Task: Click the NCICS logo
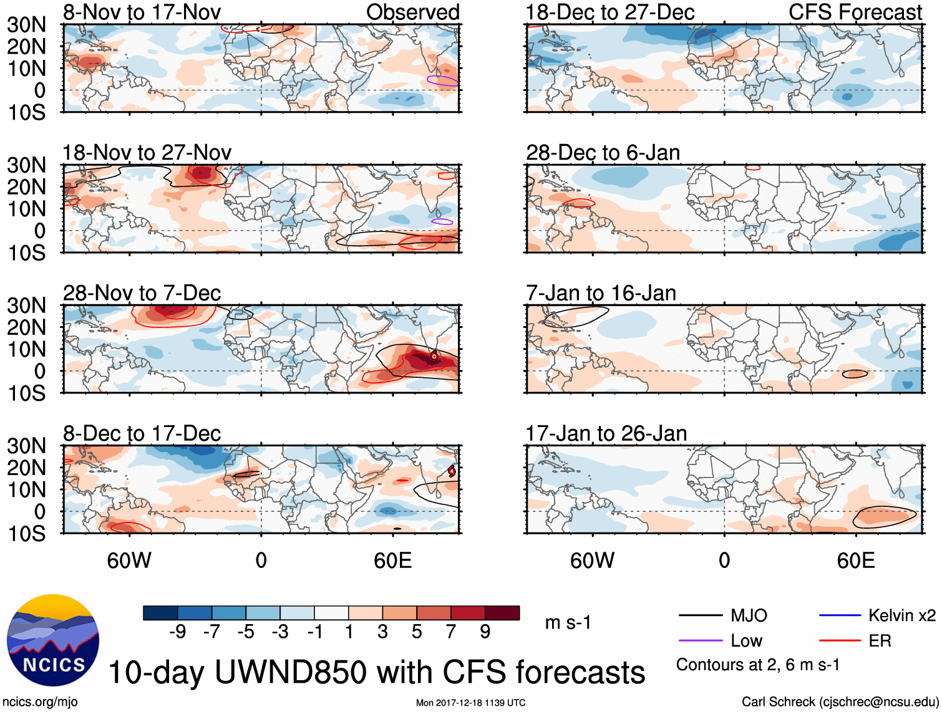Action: tap(53, 640)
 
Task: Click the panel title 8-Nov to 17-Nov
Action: tap(142, 12)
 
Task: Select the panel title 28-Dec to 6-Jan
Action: tap(603, 153)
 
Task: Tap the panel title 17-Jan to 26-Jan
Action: tap(606, 433)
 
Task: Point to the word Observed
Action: tap(412, 12)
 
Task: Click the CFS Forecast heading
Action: tap(855, 12)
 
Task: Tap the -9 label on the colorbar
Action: tap(177, 632)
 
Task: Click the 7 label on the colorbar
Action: tap(451, 632)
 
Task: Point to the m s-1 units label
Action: tap(568, 623)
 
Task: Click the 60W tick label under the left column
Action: tap(129, 560)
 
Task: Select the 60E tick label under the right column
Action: tap(855, 560)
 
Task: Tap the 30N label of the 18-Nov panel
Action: tap(26, 165)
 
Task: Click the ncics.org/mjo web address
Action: tap(40, 702)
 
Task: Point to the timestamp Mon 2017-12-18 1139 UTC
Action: tap(470, 703)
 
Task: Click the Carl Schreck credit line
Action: tap(840, 702)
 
